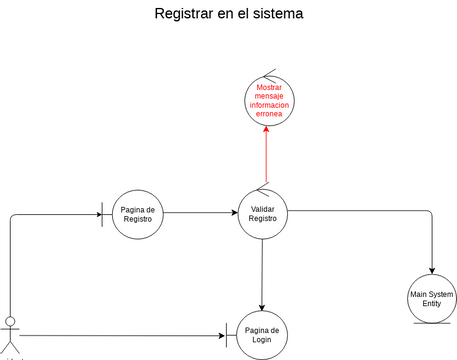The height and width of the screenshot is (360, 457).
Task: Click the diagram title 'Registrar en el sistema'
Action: pos(228,15)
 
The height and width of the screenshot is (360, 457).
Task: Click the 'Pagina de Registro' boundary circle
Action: pos(136,213)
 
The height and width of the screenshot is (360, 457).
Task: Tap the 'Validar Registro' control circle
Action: pos(262,213)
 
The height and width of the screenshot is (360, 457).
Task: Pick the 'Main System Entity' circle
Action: pos(432,299)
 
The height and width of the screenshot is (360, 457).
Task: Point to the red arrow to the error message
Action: pos(266,155)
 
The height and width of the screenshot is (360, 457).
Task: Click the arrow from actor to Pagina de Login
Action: pos(120,335)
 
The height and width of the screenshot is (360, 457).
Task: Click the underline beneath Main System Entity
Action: pos(432,324)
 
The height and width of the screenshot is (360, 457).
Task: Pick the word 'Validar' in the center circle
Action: pos(262,208)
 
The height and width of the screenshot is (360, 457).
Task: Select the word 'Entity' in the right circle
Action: pos(432,305)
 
